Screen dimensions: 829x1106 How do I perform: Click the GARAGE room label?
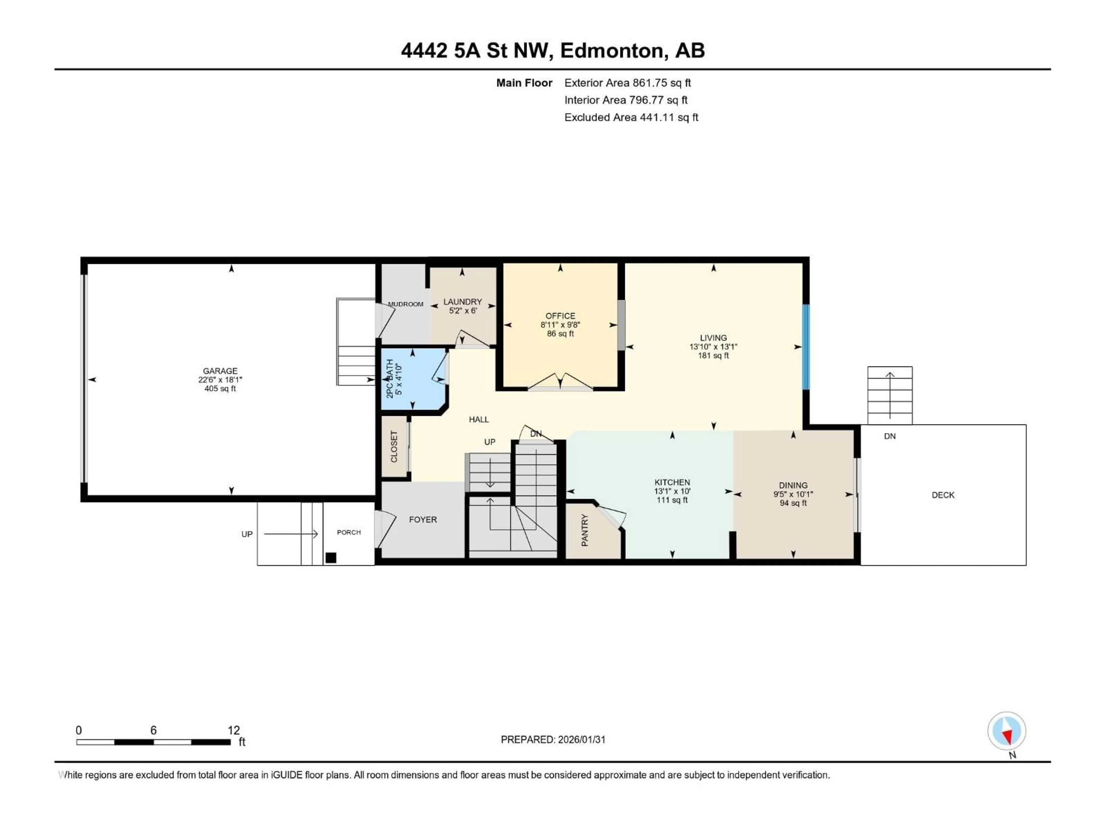[x=220, y=371]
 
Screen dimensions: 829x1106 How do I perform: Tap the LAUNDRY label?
[x=463, y=302]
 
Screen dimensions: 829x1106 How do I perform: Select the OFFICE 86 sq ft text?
[x=560, y=333]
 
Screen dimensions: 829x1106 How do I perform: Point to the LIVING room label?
[x=713, y=338]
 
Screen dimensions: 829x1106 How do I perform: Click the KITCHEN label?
[x=672, y=482]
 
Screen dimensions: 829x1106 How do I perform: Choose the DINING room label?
[x=793, y=485]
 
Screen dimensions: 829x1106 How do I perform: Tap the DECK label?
[x=943, y=495]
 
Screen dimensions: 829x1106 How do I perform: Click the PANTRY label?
[x=584, y=530]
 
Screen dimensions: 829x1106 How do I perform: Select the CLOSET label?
[x=394, y=446]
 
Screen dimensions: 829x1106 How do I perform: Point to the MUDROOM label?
[x=406, y=304]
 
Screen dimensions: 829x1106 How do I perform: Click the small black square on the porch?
[x=330, y=558]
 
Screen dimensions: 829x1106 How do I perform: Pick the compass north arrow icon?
[x=1007, y=731]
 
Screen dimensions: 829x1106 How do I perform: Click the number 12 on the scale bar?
[x=234, y=730]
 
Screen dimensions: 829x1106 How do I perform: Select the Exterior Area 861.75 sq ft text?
[x=628, y=83]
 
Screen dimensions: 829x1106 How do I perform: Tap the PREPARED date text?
[x=553, y=739]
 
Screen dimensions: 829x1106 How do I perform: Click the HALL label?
[x=478, y=419]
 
